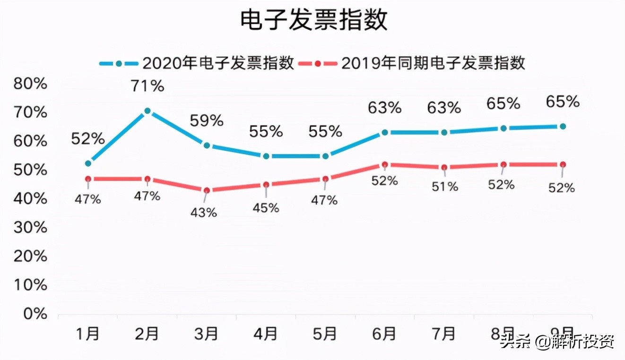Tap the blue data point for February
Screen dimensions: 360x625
148,111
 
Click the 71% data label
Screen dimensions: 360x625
148,86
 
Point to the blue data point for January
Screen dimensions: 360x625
88,163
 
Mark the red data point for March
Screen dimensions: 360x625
207,190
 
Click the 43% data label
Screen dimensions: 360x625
204,213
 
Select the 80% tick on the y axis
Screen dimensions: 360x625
31,84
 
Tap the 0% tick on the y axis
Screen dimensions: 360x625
35,314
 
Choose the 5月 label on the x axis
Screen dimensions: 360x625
325,334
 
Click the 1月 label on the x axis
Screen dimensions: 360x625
88,334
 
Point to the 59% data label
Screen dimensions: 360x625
207,121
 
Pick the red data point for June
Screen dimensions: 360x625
385,164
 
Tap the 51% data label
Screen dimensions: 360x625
445,187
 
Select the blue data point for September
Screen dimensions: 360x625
563,126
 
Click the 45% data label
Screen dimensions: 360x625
266,207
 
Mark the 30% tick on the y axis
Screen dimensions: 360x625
31,228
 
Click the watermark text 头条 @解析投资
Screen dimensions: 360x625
558,342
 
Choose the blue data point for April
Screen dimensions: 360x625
266,156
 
